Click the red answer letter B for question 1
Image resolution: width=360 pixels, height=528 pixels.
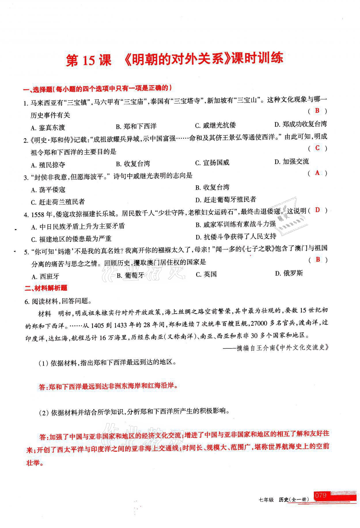click(x=317, y=110)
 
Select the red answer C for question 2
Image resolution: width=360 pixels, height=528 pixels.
click(x=317, y=148)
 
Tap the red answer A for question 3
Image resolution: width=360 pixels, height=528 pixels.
click(x=317, y=173)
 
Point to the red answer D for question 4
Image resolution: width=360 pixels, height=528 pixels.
click(x=317, y=210)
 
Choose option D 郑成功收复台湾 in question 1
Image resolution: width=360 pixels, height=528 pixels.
click(x=300, y=124)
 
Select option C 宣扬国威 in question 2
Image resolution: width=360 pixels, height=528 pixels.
click(x=212, y=163)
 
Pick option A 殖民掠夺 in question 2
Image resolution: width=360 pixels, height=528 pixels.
click(x=48, y=165)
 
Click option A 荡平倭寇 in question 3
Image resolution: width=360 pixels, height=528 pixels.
click(x=48, y=190)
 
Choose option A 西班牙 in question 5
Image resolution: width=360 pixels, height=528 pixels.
click(x=46, y=276)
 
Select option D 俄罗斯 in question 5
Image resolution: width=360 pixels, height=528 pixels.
click(x=289, y=273)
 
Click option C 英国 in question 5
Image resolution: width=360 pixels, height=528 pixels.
click(x=206, y=274)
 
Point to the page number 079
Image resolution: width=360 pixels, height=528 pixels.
click(x=321, y=495)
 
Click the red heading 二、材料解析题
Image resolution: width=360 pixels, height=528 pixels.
click(x=46, y=288)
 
